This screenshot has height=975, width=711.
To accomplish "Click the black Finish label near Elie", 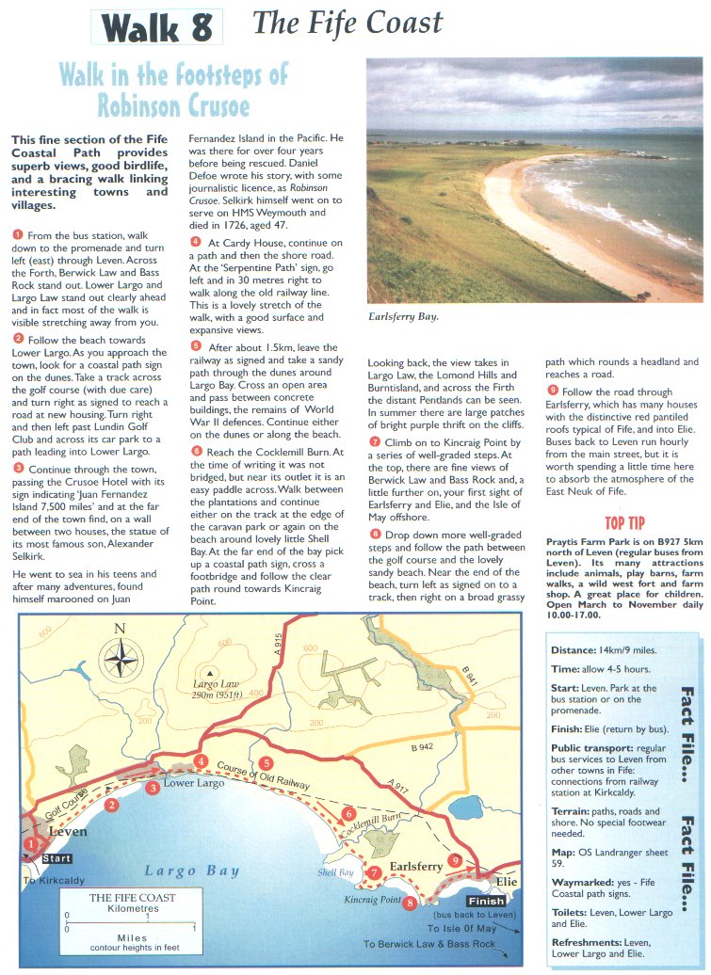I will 485,900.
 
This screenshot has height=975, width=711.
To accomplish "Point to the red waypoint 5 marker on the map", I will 267,763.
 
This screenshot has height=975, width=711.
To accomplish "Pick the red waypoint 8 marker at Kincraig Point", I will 409,903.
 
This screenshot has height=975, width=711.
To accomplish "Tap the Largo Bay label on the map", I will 192,871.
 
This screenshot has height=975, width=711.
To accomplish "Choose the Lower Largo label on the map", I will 191,782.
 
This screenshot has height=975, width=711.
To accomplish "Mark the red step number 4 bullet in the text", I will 195,242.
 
